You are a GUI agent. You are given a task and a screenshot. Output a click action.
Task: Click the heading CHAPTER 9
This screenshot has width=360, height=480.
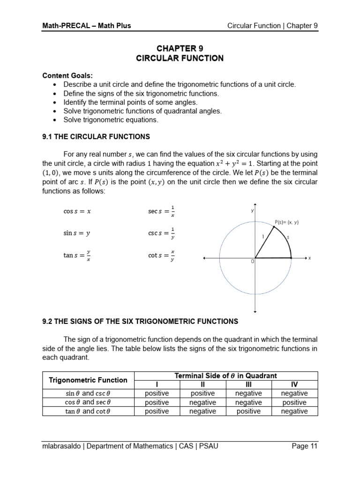click(x=180, y=49)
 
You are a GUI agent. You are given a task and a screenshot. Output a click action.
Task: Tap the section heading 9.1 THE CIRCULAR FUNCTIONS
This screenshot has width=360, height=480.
click(x=96, y=137)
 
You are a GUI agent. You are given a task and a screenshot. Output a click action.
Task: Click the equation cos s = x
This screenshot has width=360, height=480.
click(x=77, y=211)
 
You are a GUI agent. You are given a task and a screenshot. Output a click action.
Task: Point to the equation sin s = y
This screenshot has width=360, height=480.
click(x=77, y=233)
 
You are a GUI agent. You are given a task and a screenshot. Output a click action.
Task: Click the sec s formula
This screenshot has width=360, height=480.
click(x=161, y=211)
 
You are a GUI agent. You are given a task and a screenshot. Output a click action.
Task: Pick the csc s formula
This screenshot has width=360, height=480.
click(x=161, y=233)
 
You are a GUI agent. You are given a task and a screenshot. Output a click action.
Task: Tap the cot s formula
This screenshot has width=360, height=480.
click(x=161, y=255)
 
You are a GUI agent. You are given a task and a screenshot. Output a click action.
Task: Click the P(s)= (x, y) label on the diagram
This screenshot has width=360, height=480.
click(x=286, y=223)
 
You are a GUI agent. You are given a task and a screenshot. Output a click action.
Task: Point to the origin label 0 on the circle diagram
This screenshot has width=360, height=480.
click(x=252, y=262)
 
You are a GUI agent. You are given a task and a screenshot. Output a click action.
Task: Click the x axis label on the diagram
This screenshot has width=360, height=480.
click(x=310, y=258)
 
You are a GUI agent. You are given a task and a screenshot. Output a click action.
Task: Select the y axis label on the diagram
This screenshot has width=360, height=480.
click(x=252, y=211)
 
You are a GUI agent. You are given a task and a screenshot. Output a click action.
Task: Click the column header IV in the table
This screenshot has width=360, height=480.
click(x=294, y=385)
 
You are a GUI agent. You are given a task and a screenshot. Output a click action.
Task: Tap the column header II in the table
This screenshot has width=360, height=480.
click(x=202, y=385)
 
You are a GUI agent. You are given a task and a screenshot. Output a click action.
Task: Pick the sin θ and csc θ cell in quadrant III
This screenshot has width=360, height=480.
click(x=248, y=394)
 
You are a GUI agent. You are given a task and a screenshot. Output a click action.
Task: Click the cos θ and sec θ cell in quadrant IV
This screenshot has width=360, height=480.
click(x=294, y=403)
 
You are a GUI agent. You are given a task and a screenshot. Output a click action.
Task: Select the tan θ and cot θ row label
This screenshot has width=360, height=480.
click(x=88, y=412)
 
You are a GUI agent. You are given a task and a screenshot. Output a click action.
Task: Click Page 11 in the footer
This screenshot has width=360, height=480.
click(x=304, y=446)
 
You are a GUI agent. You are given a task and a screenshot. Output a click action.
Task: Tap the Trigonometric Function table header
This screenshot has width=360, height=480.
click(x=88, y=380)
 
